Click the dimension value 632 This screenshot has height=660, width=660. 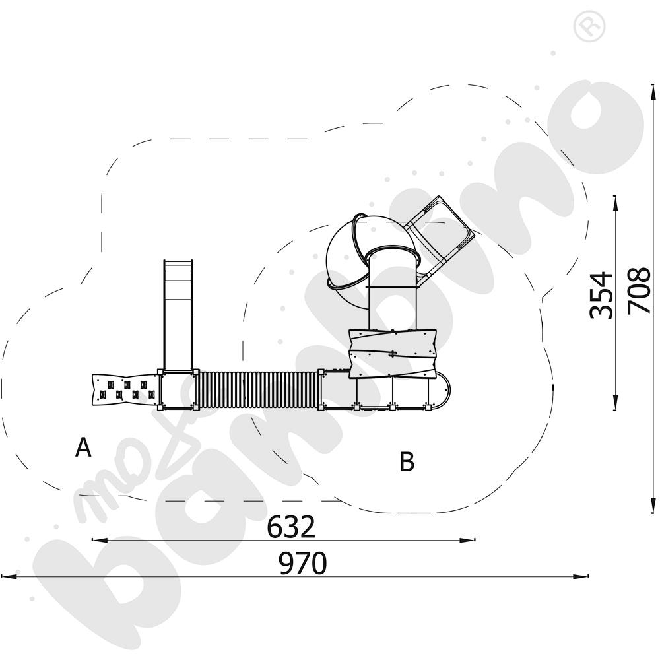tap(291, 527)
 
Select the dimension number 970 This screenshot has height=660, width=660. tap(303, 563)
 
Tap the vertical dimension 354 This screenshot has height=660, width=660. tap(601, 296)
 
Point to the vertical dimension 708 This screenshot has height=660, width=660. tap(638, 290)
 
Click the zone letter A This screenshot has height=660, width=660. tap(83, 447)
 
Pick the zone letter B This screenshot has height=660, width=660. tap(407, 461)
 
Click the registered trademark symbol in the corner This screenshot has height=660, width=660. tap(589, 26)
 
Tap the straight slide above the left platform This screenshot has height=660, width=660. tap(178, 315)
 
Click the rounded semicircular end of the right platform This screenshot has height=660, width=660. tap(441, 390)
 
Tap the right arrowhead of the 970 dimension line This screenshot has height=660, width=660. tap(581, 576)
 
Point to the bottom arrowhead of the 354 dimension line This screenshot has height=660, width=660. tap(615, 402)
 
